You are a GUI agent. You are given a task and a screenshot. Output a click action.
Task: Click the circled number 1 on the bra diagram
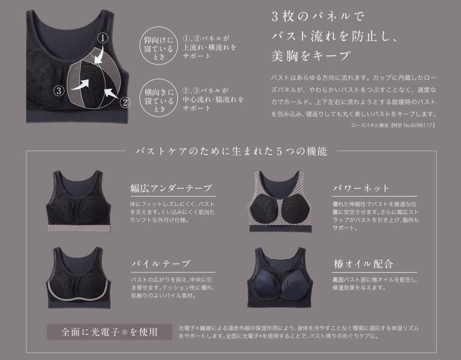click(x=103, y=38)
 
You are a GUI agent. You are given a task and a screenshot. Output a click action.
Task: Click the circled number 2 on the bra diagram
click(x=125, y=102)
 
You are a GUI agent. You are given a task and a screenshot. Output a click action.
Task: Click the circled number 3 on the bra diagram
click(x=59, y=90)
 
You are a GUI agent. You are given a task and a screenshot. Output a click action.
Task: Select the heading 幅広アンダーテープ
click(x=171, y=188)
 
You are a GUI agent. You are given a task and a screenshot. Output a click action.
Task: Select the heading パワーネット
click(x=361, y=188)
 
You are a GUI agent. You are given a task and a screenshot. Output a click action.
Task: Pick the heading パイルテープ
click(x=161, y=264)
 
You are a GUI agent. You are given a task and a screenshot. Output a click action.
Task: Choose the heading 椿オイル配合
click(x=363, y=264)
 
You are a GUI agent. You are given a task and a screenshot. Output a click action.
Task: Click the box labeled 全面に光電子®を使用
click(x=109, y=332)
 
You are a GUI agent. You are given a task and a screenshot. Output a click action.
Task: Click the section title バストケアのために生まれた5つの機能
click(x=231, y=151)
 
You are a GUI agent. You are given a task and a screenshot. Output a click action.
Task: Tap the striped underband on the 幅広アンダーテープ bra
click(x=79, y=228)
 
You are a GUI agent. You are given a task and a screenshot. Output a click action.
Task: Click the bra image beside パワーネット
click(x=279, y=202)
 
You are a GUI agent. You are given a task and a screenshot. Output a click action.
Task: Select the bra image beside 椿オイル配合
click(x=279, y=277)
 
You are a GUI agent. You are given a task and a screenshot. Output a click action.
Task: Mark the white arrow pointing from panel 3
click(x=80, y=85)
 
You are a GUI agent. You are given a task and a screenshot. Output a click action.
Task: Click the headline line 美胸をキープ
click(x=311, y=55)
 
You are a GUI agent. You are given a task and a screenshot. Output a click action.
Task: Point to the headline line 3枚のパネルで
click(x=318, y=16)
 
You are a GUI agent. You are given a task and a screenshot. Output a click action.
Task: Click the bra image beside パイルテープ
click(x=79, y=278)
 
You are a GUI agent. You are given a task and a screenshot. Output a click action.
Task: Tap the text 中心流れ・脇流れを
click(x=213, y=100)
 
